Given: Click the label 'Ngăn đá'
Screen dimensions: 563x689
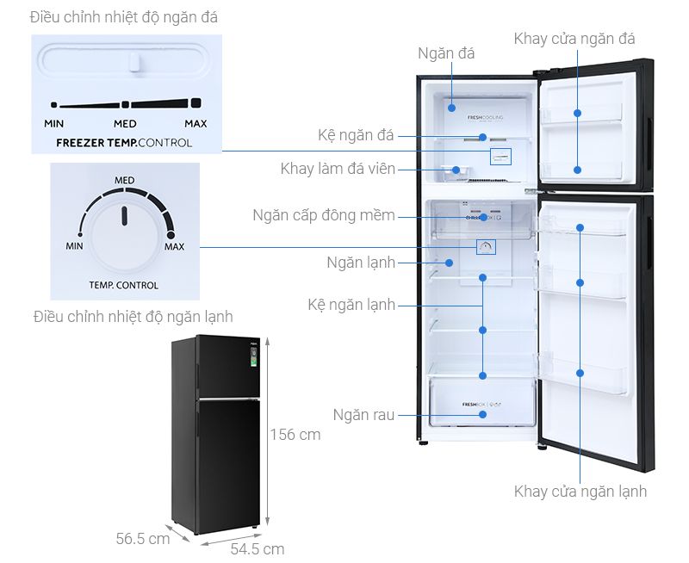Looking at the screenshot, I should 446,53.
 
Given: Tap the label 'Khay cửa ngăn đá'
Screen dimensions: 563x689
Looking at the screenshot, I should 574,39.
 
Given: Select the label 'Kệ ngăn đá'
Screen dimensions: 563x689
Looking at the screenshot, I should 356,136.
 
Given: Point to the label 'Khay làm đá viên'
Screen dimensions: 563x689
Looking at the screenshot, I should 338,169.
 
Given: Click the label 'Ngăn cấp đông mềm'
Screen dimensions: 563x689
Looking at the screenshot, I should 324,215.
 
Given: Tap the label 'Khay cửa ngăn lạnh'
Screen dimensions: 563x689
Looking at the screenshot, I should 580,492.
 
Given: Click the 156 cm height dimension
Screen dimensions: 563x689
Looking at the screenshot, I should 295,435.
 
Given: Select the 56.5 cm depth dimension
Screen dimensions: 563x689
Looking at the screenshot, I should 143,539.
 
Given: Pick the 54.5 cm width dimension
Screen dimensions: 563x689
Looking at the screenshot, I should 257,548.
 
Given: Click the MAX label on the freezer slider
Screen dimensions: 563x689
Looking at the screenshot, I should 196,124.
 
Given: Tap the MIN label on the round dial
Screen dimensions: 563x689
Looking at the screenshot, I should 74,246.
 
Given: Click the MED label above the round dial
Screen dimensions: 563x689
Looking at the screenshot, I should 124,181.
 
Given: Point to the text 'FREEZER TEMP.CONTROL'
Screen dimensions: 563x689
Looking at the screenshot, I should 124,143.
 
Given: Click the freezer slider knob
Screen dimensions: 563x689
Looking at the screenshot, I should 133,61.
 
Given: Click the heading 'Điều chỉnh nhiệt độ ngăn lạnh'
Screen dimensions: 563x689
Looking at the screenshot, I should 133,316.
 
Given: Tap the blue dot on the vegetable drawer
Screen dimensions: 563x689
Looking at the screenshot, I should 483,413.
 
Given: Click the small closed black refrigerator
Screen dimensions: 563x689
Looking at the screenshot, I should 215,435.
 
